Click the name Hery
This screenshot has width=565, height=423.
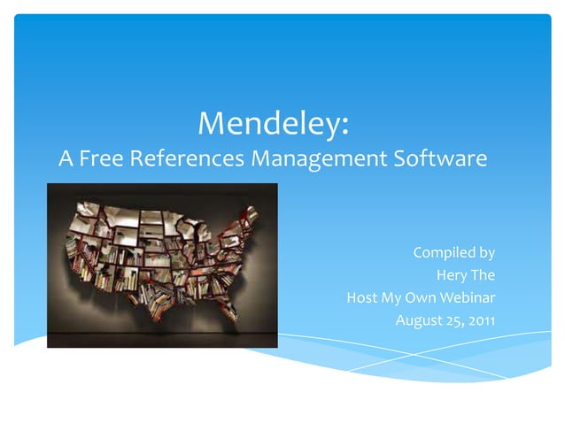(452, 275)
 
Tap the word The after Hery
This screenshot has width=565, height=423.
(483, 275)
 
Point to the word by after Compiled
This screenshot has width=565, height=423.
(486, 254)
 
